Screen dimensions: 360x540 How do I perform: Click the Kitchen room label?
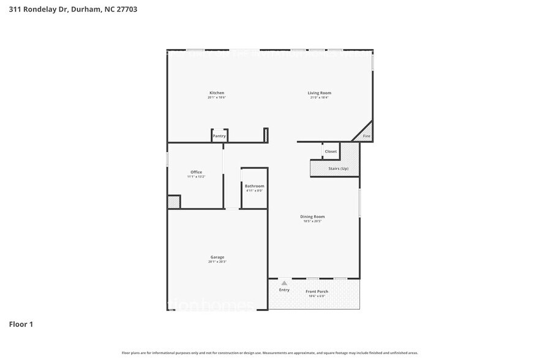[x=216, y=93]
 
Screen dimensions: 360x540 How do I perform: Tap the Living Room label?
[x=319, y=93]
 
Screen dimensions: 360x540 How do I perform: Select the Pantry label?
[x=219, y=136]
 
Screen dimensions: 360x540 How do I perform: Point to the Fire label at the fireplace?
[x=367, y=136]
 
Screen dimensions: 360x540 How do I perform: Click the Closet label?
[x=331, y=151]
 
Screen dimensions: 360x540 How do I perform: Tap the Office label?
[x=196, y=172]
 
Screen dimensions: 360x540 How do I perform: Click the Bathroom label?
[x=254, y=186]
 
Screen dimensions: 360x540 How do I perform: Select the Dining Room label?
[x=312, y=216]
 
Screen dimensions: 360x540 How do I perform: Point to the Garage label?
[x=217, y=257]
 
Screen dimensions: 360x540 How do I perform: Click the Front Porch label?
[x=317, y=291]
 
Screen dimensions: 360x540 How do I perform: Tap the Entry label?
[x=284, y=290]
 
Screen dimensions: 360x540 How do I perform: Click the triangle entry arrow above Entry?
[x=284, y=283]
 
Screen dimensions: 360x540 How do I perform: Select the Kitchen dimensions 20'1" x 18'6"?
[x=216, y=98]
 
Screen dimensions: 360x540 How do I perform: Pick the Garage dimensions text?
[x=217, y=262]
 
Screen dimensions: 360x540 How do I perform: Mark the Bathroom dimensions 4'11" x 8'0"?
[x=254, y=190]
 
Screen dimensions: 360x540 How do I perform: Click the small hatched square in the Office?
[x=174, y=201]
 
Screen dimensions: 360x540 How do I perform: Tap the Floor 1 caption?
[x=21, y=324]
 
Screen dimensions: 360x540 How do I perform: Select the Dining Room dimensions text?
[x=312, y=221]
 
